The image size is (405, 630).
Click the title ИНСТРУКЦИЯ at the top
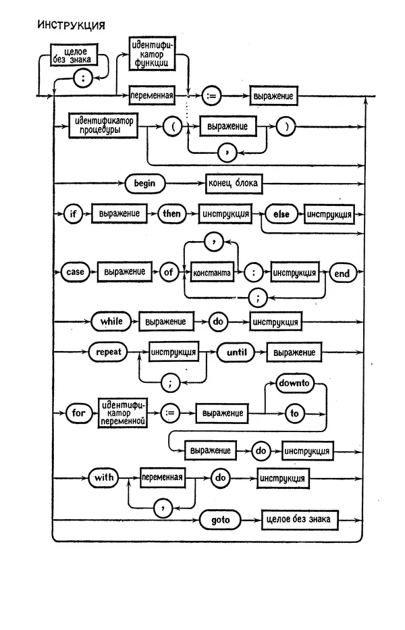click(71, 26)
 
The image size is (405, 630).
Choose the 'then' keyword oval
click(171, 214)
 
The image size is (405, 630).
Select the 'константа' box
click(212, 273)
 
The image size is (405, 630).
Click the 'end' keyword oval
click(342, 272)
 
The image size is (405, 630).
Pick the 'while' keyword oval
click(111, 321)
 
